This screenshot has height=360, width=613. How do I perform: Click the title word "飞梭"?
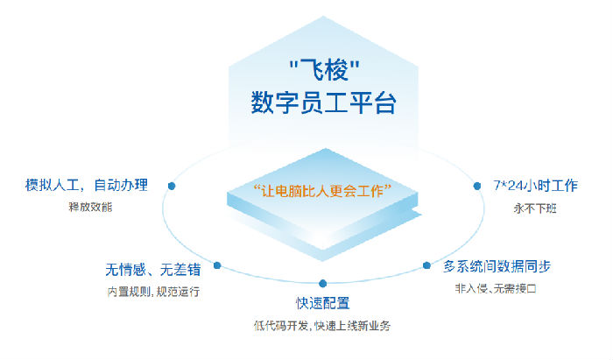tap(325, 70)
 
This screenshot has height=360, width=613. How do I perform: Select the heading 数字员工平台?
tap(324, 102)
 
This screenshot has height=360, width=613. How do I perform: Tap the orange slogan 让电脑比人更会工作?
tap(323, 191)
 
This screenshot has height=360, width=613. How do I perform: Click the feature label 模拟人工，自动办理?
tap(87, 185)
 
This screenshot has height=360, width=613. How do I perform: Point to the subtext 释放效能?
tap(90, 207)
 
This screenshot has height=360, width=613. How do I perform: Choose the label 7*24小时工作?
tap(535, 186)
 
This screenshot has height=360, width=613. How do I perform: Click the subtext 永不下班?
tap(535, 208)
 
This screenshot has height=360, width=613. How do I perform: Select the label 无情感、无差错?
tap(153, 269)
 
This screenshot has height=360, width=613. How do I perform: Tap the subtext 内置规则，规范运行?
tap(153, 292)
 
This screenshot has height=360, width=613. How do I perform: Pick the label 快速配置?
tap(322, 303)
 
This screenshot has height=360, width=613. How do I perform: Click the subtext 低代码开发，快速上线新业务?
tap(322, 326)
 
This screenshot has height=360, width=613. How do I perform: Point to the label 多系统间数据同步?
tap(497, 266)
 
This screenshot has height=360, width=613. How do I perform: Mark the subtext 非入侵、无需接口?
tap(496, 289)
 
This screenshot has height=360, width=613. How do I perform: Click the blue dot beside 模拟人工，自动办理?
tap(172, 186)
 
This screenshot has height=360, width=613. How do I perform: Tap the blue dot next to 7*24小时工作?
tap(477, 186)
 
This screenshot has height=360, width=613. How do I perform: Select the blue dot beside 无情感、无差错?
tap(217, 265)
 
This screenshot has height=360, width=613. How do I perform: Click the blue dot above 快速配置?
tap(322, 283)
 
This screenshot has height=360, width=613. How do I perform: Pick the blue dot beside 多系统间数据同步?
tap(427, 265)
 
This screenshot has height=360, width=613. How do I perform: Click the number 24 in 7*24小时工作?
tap(515, 186)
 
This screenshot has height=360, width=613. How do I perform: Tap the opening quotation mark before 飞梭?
tap(294, 64)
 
